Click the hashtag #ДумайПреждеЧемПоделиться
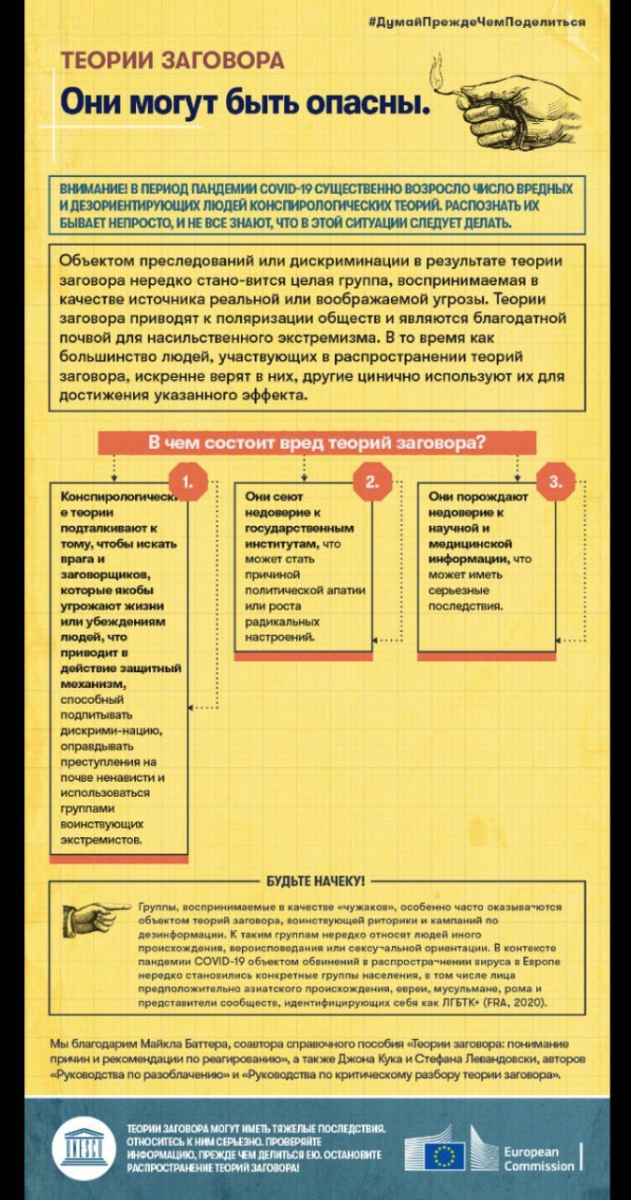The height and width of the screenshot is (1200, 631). (x=503, y=21)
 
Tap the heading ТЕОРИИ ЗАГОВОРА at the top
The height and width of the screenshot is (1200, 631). (x=173, y=61)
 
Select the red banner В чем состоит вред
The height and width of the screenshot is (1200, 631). (x=316, y=442)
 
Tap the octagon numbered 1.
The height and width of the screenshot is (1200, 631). (x=188, y=483)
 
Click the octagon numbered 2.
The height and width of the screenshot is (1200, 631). (x=371, y=483)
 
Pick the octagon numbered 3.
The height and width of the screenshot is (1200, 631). (x=555, y=483)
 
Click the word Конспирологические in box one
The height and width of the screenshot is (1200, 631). (x=117, y=503)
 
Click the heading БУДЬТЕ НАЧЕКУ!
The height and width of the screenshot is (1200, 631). (x=316, y=881)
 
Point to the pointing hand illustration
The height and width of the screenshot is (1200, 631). (x=98, y=917)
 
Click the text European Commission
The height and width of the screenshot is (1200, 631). (x=538, y=1159)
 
